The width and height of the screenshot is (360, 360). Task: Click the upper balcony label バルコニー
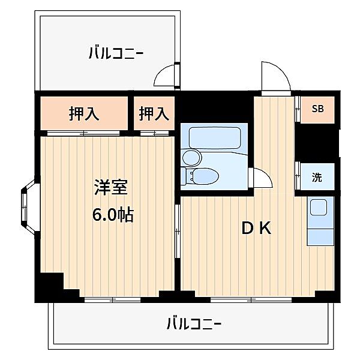click(x=115, y=53)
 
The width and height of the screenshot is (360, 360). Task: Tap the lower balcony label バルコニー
click(x=193, y=325)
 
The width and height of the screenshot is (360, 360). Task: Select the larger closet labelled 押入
click(x=84, y=113)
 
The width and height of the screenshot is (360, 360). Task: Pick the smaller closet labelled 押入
click(x=154, y=113)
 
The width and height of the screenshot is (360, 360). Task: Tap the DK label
click(x=257, y=228)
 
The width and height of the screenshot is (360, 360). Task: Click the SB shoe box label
click(x=317, y=109)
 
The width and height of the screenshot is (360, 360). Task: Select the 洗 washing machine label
click(x=317, y=178)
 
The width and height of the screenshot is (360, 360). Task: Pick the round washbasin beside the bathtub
click(x=191, y=158)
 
